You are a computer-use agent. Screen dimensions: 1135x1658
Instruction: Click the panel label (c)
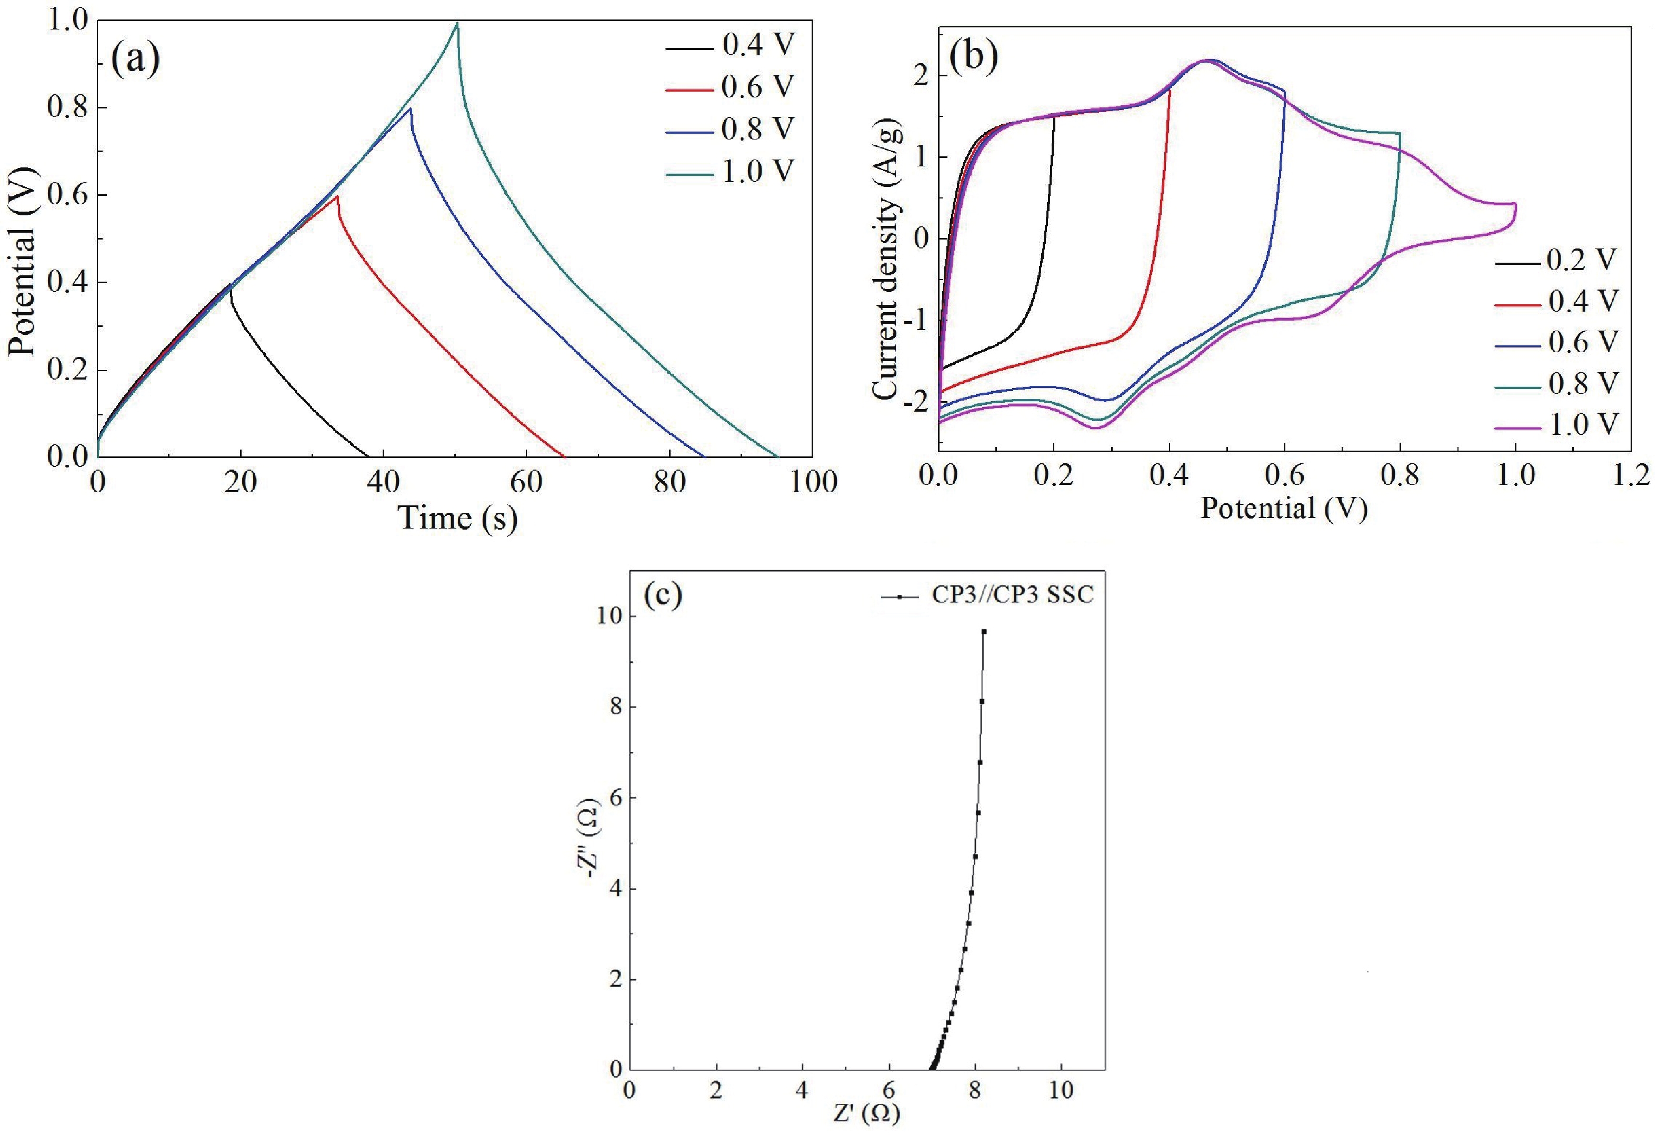tap(663, 596)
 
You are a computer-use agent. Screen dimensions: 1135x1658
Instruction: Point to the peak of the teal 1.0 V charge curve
tap(457, 24)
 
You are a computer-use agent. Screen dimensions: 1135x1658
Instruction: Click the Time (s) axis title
tap(457, 519)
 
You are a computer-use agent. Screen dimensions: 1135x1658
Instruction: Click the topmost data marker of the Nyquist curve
tap(984, 631)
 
